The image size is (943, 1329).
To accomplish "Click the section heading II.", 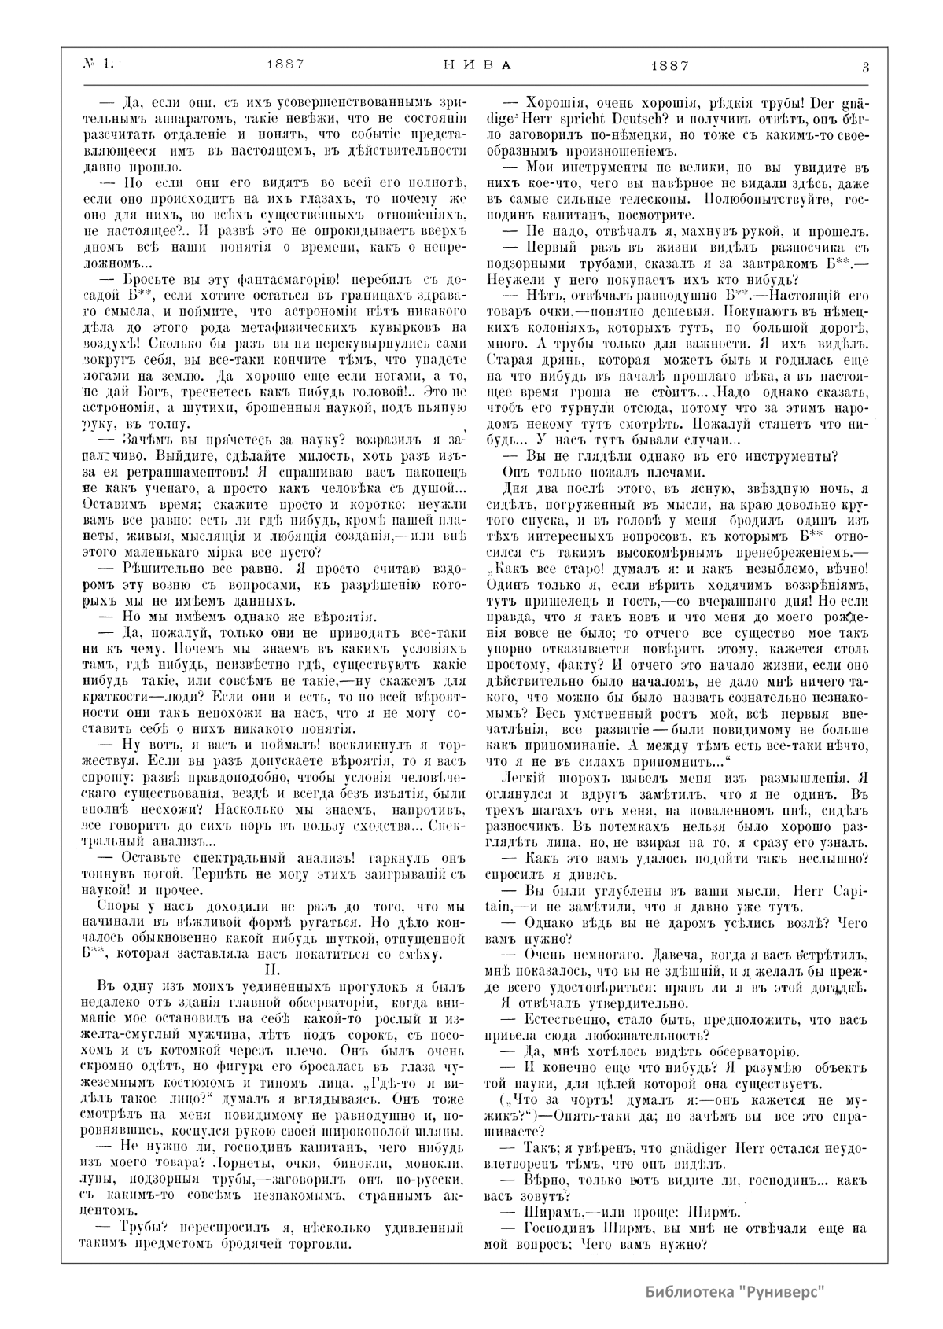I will (x=270, y=970).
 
